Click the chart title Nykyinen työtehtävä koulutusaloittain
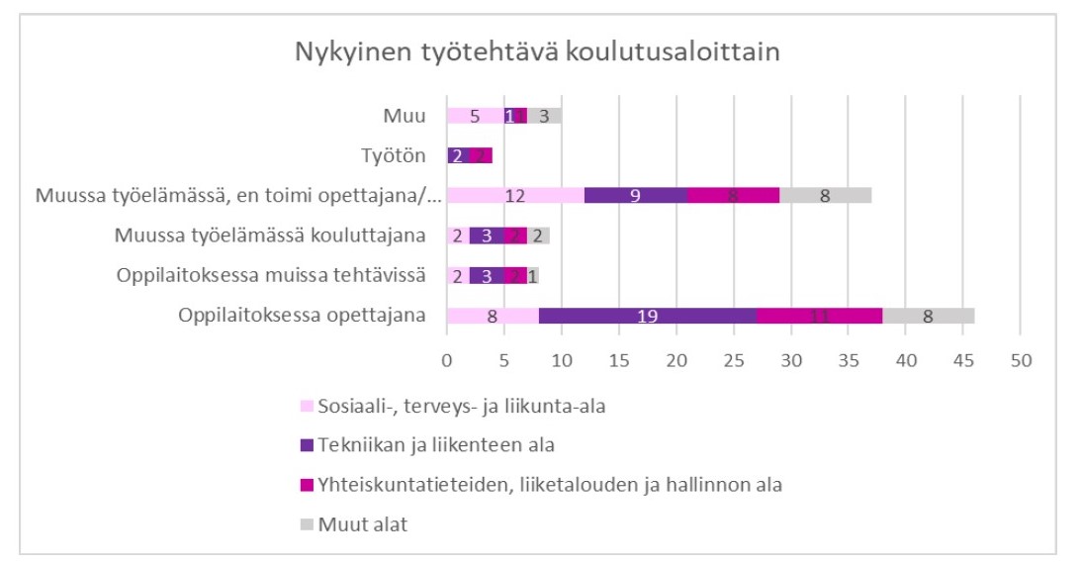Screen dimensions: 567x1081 click(x=537, y=52)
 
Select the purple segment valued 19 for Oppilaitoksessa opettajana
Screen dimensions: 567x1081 click(x=648, y=316)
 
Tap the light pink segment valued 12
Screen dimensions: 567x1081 click(x=515, y=196)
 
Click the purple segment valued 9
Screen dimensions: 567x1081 click(x=636, y=196)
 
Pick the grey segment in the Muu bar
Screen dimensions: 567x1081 click(x=544, y=116)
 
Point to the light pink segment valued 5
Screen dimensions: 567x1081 click(x=475, y=116)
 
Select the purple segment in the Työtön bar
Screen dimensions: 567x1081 click(x=458, y=155)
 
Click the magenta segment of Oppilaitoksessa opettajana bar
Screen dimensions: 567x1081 click(x=820, y=316)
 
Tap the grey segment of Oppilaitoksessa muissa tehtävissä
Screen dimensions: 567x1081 click(x=533, y=276)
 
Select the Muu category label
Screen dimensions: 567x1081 click(x=405, y=116)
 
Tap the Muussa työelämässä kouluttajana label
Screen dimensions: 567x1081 click(x=269, y=236)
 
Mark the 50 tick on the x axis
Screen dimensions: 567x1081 click(x=1020, y=360)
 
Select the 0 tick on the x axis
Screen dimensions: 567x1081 click(x=446, y=360)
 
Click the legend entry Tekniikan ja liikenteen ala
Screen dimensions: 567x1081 click(x=435, y=444)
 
